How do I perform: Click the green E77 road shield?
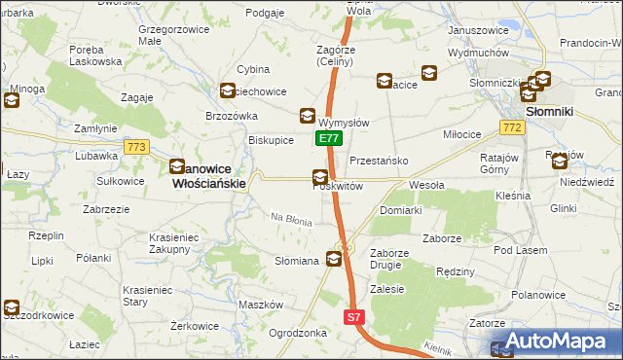coord(328,139)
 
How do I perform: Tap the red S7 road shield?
coord(354,317)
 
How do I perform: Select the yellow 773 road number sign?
coord(135,147)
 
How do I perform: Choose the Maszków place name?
coord(260,305)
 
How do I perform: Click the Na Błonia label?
coord(291,221)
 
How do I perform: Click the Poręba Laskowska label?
coord(95,54)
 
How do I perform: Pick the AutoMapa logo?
coord(556,342)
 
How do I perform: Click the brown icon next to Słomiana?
coord(334,259)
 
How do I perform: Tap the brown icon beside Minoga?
coord(12,100)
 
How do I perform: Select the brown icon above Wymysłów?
coord(308,115)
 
